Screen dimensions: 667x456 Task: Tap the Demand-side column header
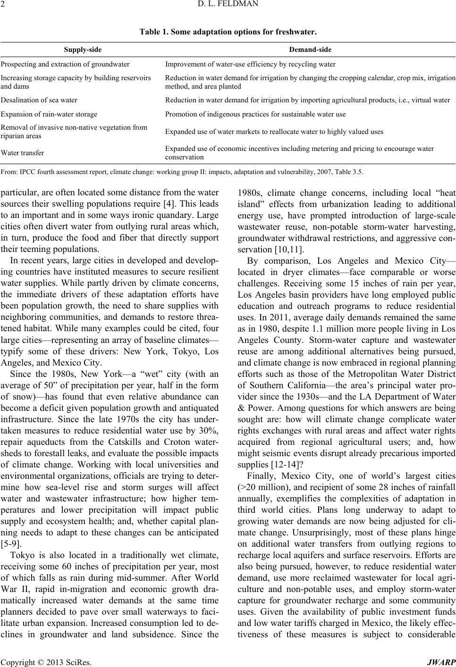click(310, 49)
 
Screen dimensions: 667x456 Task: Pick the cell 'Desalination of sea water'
click(39, 100)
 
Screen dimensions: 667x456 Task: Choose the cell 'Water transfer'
click(23, 153)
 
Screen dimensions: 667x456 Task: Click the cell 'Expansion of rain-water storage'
click(49, 114)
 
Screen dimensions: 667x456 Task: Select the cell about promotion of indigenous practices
click(255, 114)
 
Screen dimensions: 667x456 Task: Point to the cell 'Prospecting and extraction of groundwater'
click(65, 64)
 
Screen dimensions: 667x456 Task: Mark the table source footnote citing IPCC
click(182, 172)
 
